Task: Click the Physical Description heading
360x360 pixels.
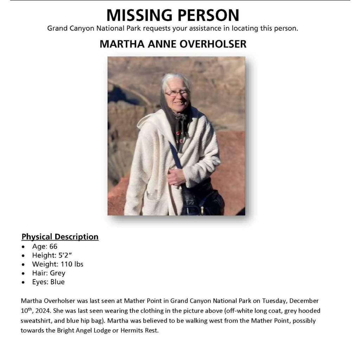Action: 60,237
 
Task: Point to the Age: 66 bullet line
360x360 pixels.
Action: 45,246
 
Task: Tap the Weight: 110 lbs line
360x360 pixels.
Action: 58,264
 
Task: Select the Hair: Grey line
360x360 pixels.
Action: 49,273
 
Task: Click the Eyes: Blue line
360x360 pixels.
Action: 48,282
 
